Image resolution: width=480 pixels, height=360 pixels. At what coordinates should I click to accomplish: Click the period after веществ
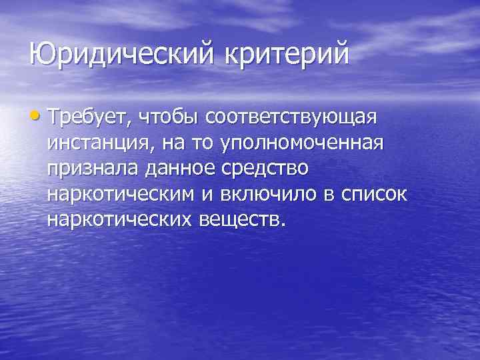pos(282,224)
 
